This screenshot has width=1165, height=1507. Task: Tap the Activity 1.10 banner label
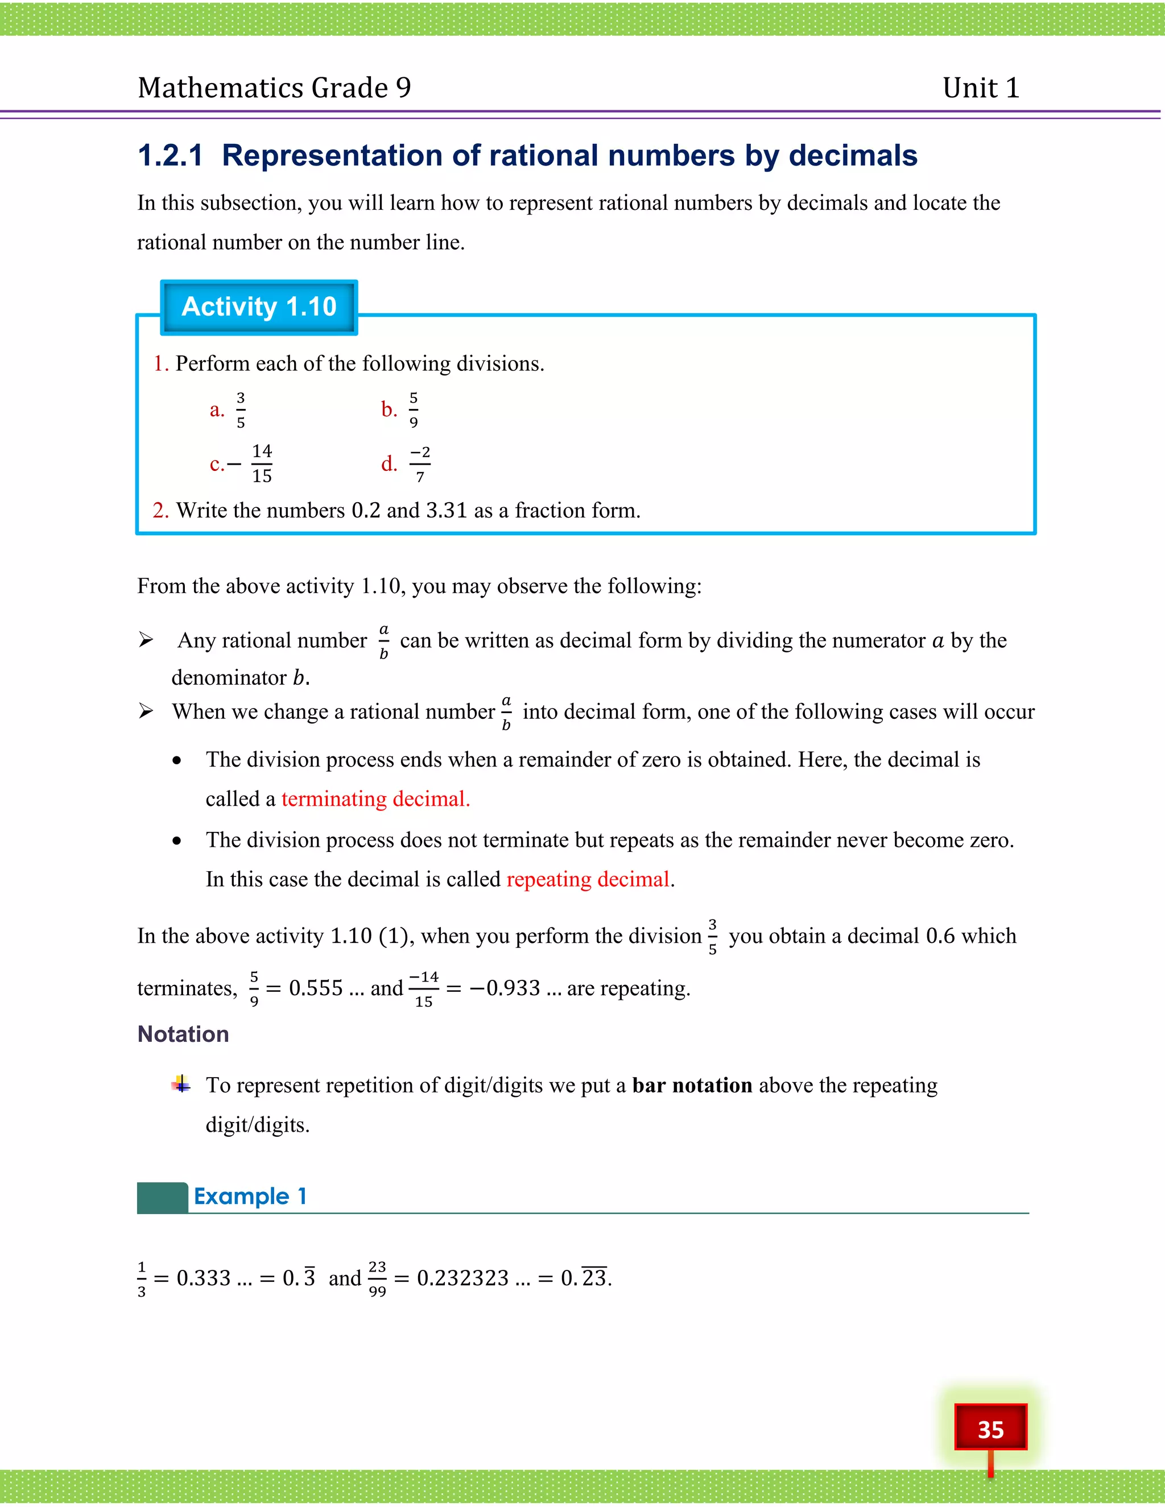pyautogui.click(x=259, y=307)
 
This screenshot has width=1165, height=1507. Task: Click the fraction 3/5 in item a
pyautogui.click(x=240, y=410)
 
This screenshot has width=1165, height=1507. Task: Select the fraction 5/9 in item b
pyautogui.click(x=414, y=410)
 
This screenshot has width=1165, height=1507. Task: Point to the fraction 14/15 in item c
pyautogui.click(x=262, y=463)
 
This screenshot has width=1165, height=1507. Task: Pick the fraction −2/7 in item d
pyautogui.click(x=420, y=463)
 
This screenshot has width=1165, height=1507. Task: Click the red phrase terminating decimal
pyautogui.click(x=375, y=799)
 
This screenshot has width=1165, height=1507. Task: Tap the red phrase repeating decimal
pyautogui.click(x=587, y=879)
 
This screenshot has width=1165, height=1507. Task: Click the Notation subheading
pyautogui.click(x=183, y=1034)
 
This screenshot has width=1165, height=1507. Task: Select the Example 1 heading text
pyautogui.click(x=250, y=1196)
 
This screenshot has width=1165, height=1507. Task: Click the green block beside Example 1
pyautogui.click(x=162, y=1197)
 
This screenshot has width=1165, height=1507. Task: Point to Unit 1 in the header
pyautogui.click(x=981, y=88)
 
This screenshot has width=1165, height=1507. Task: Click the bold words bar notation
pyautogui.click(x=692, y=1086)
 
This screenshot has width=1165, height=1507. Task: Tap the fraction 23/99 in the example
pyautogui.click(x=377, y=1278)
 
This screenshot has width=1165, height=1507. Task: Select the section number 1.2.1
pyautogui.click(x=171, y=155)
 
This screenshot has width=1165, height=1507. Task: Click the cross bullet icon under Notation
pyautogui.click(x=181, y=1084)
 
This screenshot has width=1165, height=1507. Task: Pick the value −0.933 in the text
pyautogui.click(x=505, y=988)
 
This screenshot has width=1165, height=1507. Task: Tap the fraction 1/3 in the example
pyautogui.click(x=142, y=1278)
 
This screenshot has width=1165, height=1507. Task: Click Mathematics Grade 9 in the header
pyautogui.click(x=274, y=88)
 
